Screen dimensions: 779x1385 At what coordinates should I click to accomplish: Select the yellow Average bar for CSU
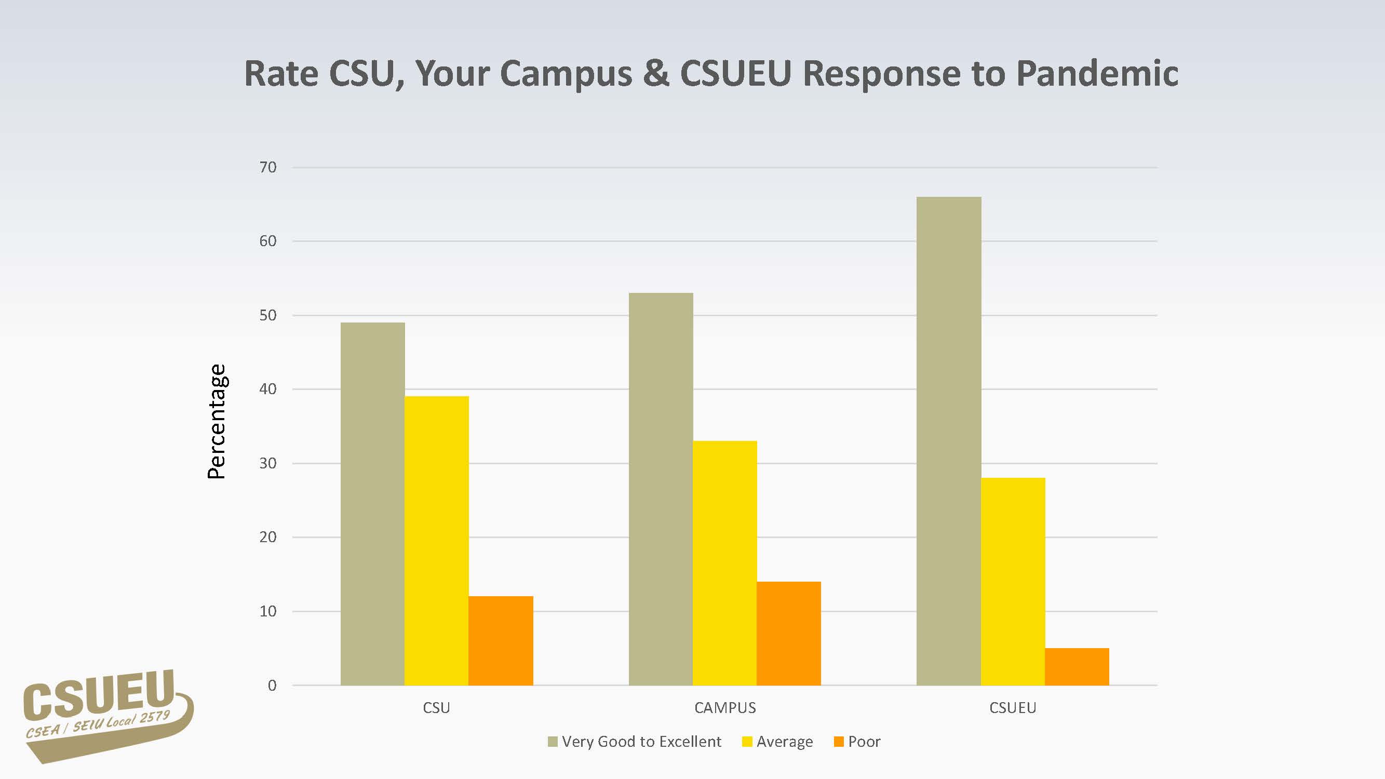437,540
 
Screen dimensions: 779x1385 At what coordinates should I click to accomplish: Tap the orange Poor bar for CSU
501,640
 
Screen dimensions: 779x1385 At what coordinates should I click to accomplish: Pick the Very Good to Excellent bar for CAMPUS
661,489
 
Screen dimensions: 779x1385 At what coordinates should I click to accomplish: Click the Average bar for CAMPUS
725,563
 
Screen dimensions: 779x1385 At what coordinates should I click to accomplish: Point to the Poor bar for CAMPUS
789,633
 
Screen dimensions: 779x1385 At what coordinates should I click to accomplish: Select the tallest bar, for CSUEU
949,441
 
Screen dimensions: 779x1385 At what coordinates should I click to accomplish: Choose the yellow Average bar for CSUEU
1013,581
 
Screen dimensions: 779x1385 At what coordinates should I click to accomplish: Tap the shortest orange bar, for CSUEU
1077,667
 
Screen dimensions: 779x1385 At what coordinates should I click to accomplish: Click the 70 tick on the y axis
268,167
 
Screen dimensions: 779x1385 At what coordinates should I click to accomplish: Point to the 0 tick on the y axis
272,686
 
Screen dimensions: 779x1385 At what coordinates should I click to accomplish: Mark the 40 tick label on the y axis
268,388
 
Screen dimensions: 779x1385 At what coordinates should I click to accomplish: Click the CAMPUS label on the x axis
725,707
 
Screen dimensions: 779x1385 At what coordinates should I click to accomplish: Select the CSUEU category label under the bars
1013,707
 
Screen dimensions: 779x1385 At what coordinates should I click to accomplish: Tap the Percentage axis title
217,422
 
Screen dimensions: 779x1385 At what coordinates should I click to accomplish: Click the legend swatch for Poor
838,742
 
